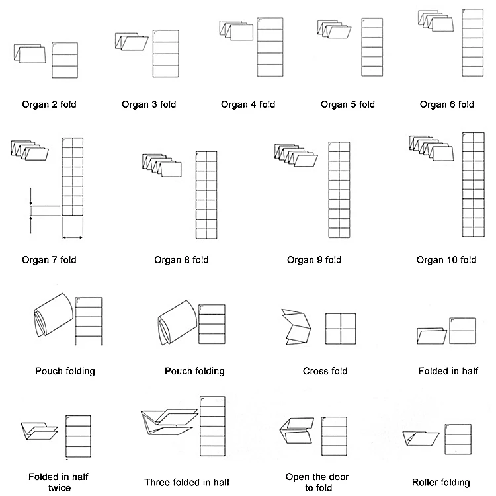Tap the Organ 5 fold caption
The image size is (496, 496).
347,104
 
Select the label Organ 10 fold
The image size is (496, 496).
446,259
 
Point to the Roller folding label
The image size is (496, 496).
441,482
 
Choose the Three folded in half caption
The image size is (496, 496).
187,482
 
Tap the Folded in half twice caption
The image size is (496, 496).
50,482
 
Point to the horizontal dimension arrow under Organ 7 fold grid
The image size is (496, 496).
72,237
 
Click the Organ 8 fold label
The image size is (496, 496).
181,259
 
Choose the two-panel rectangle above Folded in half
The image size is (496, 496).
462,330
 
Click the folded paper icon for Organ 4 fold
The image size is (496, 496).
236,32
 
